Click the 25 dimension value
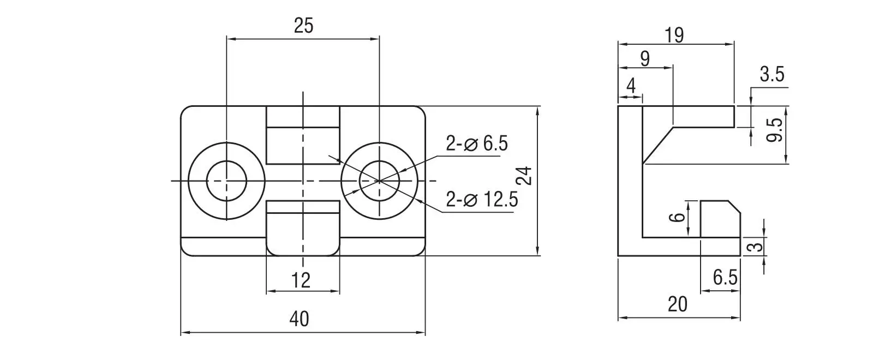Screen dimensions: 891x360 [303, 26]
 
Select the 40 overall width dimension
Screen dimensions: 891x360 [299, 319]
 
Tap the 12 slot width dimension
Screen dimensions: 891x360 [301, 280]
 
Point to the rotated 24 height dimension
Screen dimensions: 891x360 [525, 176]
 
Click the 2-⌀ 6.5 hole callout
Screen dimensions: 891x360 [476, 143]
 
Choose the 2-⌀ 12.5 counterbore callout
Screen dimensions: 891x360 [482, 199]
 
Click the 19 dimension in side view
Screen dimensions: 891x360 [674, 35]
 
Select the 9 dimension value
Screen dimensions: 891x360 [645, 59]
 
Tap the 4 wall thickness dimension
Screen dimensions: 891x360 [631, 86]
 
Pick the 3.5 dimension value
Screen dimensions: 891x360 [772, 74]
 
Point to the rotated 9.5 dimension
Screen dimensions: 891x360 [774, 130]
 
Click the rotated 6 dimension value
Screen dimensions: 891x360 [678, 217]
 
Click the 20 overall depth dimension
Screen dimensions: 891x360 [678, 305]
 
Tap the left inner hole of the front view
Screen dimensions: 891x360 [227, 181]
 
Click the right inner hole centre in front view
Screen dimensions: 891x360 [379, 181]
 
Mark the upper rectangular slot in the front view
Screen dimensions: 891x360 [303, 135]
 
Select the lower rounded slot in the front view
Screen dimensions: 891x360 [303, 229]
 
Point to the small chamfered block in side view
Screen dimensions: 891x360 [720, 219]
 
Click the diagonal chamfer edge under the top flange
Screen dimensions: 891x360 [657, 145]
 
